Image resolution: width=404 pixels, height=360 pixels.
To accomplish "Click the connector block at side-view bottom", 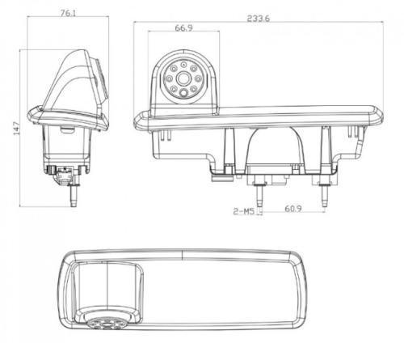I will pos(61,172).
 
